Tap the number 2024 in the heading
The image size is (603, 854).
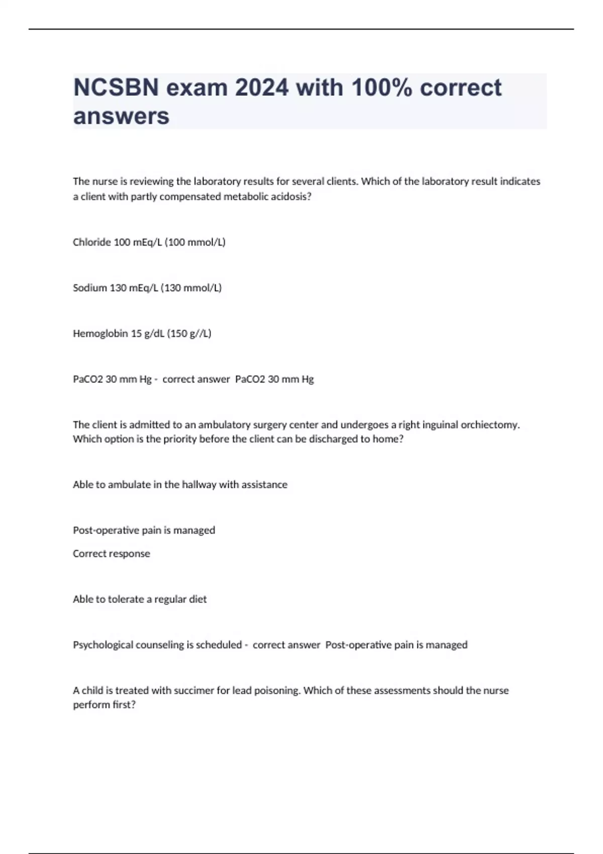tap(262, 88)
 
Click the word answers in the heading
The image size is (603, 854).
tap(121, 117)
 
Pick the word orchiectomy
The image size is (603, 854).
tap(490, 425)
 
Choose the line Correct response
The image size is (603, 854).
tap(112, 554)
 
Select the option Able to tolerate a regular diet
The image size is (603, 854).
tap(140, 599)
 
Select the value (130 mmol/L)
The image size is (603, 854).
tap(191, 288)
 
